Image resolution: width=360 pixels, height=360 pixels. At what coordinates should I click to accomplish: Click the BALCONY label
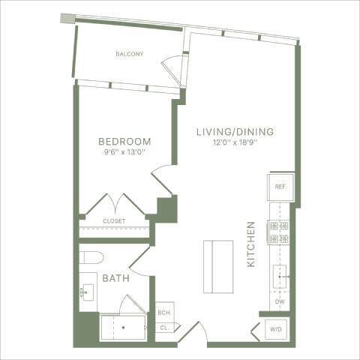[129, 54]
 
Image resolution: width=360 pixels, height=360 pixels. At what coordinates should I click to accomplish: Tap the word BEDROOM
[125, 141]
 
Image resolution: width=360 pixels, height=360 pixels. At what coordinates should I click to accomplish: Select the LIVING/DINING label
[235, 132]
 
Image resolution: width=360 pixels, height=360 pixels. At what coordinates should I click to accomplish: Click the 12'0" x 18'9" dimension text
[235, 143]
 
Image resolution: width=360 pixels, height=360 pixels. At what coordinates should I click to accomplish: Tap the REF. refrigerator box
[280, 186]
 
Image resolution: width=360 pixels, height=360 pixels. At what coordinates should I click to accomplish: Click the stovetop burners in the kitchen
[279, 232]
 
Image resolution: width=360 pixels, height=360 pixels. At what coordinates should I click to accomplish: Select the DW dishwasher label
[280, 301]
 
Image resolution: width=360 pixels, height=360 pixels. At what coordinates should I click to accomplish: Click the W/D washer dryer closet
[276, 328]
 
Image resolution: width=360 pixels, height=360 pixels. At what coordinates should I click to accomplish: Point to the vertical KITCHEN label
[252, 244]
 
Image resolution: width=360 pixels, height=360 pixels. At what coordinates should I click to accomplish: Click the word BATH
[116, 278]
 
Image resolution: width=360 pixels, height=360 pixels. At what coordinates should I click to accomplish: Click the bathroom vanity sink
[88, 293]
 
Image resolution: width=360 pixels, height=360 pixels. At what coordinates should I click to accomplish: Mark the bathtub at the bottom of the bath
[123, 328]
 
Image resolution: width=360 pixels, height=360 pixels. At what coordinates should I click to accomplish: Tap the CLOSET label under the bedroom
[114, 221]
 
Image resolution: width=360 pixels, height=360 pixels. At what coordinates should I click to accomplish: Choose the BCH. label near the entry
[164, 313]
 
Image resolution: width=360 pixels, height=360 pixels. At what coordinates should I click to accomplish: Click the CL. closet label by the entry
[163, 328]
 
